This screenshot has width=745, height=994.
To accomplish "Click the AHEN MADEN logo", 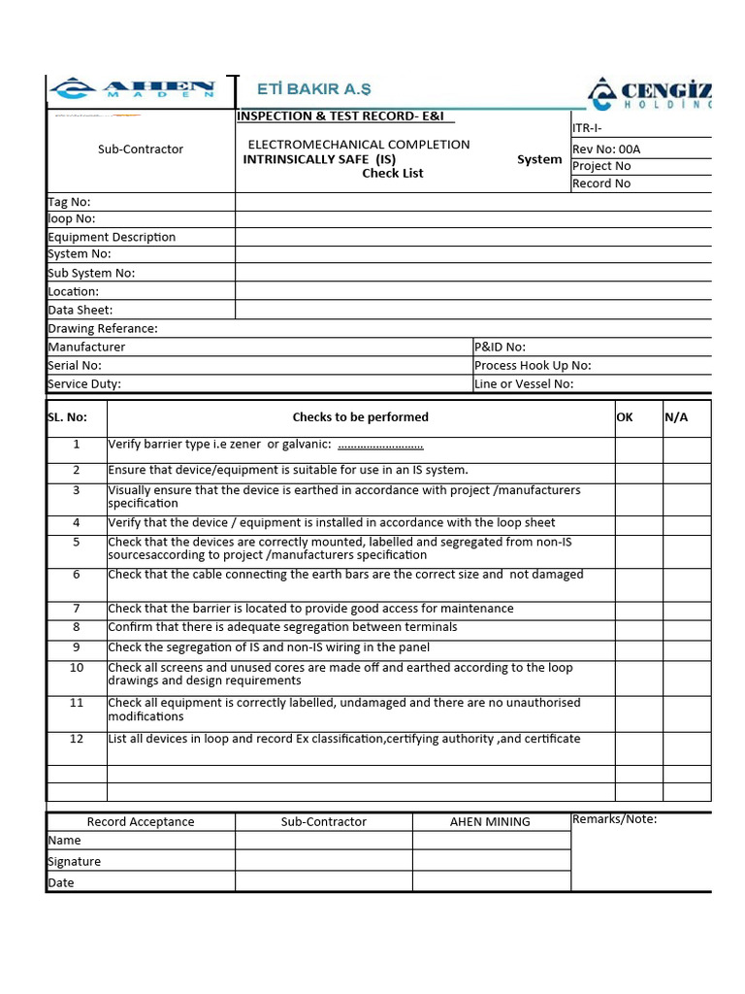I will click(134, 90).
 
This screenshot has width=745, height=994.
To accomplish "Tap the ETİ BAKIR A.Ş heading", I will click(313, 89).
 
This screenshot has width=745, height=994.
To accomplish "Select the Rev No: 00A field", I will click(606, 149).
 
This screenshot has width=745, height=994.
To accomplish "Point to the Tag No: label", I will click(69, 202).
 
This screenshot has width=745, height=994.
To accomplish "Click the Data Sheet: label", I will click(80, 311).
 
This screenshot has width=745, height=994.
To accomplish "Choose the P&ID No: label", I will click(500, 347).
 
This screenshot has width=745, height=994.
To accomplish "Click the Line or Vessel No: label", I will click(524, 383).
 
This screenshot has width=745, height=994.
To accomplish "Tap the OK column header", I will click(625, 417).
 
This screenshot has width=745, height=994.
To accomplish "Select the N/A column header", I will click(676, 417).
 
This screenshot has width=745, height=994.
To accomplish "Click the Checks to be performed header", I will click(360, 417).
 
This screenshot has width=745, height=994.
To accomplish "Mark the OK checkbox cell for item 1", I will click(638, 449).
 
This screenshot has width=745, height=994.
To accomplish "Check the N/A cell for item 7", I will click(687, 609).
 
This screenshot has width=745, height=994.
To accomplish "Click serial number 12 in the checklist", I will click(77, 739).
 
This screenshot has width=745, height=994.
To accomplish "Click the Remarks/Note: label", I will click(614, 819).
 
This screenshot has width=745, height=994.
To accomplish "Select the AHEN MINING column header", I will click(490, 822).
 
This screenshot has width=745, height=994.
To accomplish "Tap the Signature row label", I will click(75, 862).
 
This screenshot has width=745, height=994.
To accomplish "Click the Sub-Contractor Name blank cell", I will click(323, 841).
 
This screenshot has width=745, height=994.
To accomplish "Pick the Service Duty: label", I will click(84, 383).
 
